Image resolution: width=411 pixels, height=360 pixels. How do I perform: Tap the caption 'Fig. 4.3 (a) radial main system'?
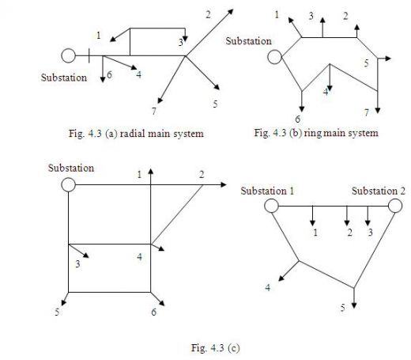coord(136,134)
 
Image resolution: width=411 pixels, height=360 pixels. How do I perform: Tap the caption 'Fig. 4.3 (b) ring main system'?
coord(316,133)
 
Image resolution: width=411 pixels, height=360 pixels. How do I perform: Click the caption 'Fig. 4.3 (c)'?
coord(216,348)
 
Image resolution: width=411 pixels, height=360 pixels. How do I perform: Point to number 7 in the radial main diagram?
coord(154,112)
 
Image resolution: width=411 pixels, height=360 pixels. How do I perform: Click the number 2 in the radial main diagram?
coord(208,14)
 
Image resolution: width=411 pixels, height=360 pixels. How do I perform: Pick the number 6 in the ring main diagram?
coord(298,119)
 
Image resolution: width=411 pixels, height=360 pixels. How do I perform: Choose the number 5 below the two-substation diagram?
coord(342,308)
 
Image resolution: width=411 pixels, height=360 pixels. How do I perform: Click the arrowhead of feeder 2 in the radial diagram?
coord(231,12)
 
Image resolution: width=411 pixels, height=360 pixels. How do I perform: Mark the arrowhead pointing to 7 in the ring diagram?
coord(378,111)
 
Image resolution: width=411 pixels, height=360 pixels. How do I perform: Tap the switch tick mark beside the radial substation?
coord(89,55)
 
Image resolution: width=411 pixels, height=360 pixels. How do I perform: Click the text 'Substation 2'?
coord(379,191)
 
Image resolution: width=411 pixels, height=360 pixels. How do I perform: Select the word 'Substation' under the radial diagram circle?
coord(64,78)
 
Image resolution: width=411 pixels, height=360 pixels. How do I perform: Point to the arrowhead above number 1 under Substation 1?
coord(312,223)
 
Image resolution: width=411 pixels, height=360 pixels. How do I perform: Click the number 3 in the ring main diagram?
coord(311,16)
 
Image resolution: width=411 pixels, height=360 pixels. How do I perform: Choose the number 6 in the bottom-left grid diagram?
coord(154,312)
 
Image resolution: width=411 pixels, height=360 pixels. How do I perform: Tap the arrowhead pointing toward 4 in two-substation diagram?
coord(281,279)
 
